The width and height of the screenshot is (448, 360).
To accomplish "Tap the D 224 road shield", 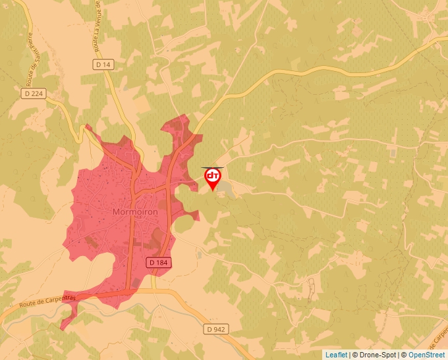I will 35,93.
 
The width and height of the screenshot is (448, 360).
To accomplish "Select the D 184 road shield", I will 159,262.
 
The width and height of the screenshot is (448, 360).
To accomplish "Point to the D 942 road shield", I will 215,328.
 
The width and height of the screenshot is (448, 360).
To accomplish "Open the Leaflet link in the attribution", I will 336,355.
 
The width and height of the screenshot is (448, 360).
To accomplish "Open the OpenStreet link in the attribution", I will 426,355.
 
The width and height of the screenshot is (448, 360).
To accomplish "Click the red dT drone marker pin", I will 212,176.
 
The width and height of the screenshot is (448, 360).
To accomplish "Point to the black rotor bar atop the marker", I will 212,168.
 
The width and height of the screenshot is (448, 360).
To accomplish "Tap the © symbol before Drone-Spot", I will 355,355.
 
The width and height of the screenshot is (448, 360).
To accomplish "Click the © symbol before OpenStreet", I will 404,355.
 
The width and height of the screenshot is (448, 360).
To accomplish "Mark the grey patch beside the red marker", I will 226,190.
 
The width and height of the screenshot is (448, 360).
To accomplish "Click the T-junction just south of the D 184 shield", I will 154,289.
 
